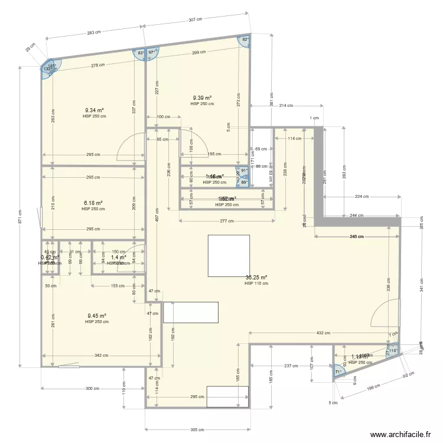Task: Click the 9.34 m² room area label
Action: point(95,110)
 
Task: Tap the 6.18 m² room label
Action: point(93,203)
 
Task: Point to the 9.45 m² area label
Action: point(97,316)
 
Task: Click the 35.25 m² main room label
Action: point(256,278)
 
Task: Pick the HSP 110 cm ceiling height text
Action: point(256,284)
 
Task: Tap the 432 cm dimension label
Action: point(323,334)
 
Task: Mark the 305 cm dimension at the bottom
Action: point(198,430)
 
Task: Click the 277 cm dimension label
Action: point(228,220)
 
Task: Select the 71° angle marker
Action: point(338,373)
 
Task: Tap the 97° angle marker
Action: point(151,52)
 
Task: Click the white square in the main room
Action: point(229,255)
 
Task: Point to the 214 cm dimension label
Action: point(286,106)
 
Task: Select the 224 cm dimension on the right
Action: point(362,197)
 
